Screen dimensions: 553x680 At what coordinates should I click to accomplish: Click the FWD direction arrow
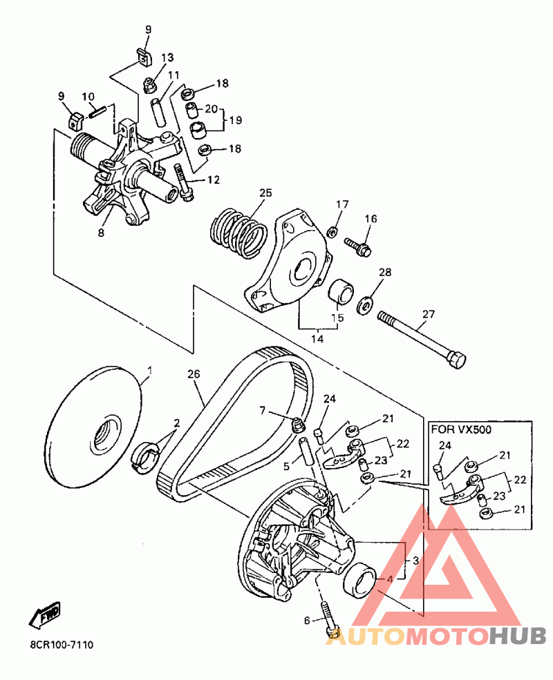tap(45, 615)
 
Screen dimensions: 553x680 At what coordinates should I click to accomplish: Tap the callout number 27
tap(428, 313)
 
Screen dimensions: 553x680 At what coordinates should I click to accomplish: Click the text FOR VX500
tap(461, 430)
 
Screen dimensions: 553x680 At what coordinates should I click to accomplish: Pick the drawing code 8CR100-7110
tap(62, 645)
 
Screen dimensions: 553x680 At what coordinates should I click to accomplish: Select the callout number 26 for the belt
tap(194, 373)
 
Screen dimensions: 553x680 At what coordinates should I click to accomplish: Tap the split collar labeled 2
tap(146, 458)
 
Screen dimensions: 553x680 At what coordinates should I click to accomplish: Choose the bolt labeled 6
tap(328, 619)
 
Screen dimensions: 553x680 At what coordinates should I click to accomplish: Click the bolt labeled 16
tap(358, 246)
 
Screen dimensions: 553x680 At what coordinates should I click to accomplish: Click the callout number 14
tap(317, 339)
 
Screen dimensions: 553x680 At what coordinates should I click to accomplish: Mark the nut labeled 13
tap(150, 85)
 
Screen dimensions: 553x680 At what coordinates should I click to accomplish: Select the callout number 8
tap(101, 233)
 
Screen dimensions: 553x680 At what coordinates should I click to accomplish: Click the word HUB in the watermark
tap(518, 636)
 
